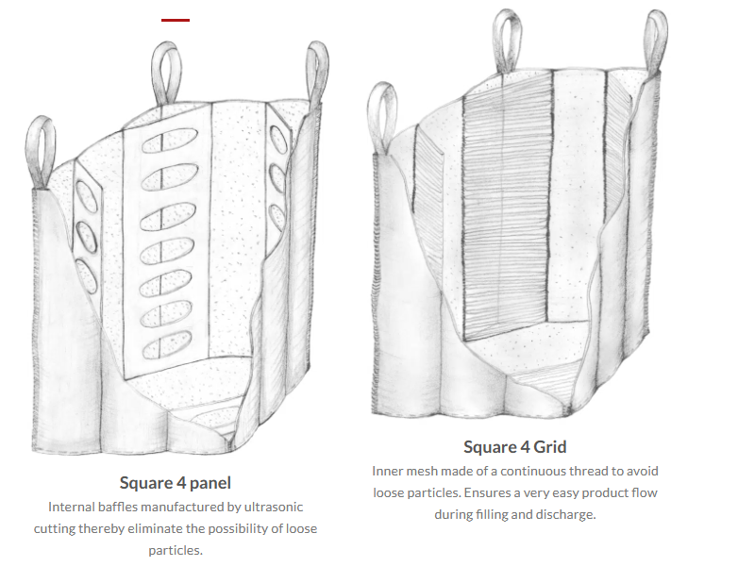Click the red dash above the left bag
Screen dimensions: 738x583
point(176,20)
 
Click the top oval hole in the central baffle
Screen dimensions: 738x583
point(170,141)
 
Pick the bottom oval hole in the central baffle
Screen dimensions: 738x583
point(167,345)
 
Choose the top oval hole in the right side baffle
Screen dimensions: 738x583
point(278,140)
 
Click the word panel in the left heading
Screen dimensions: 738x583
point(210,483)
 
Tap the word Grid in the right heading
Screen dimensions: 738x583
point(550,447)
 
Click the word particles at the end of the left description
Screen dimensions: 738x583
point(176,550)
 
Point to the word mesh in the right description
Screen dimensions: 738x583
point(421,471)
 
